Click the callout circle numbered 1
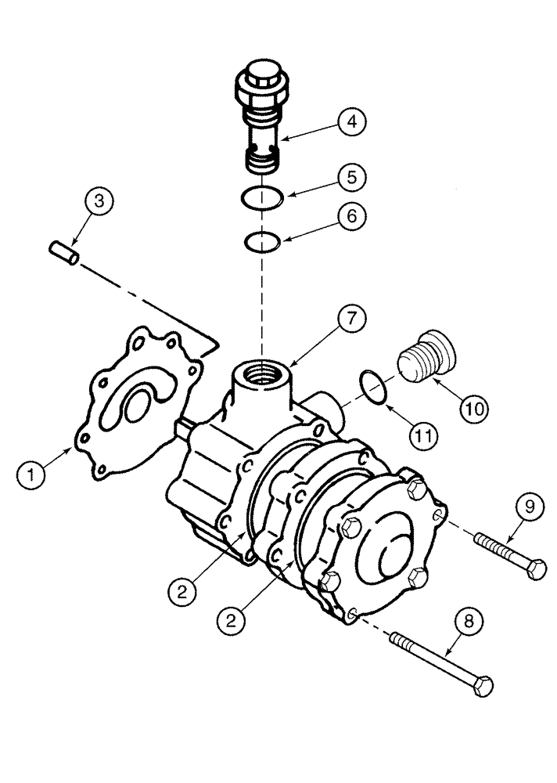[x=31, y=472]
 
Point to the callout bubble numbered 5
[x=351, y=177]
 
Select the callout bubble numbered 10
[x=476, y=408]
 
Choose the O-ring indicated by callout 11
[x=373, y=389]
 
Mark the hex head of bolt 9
[x=536, y=570]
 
